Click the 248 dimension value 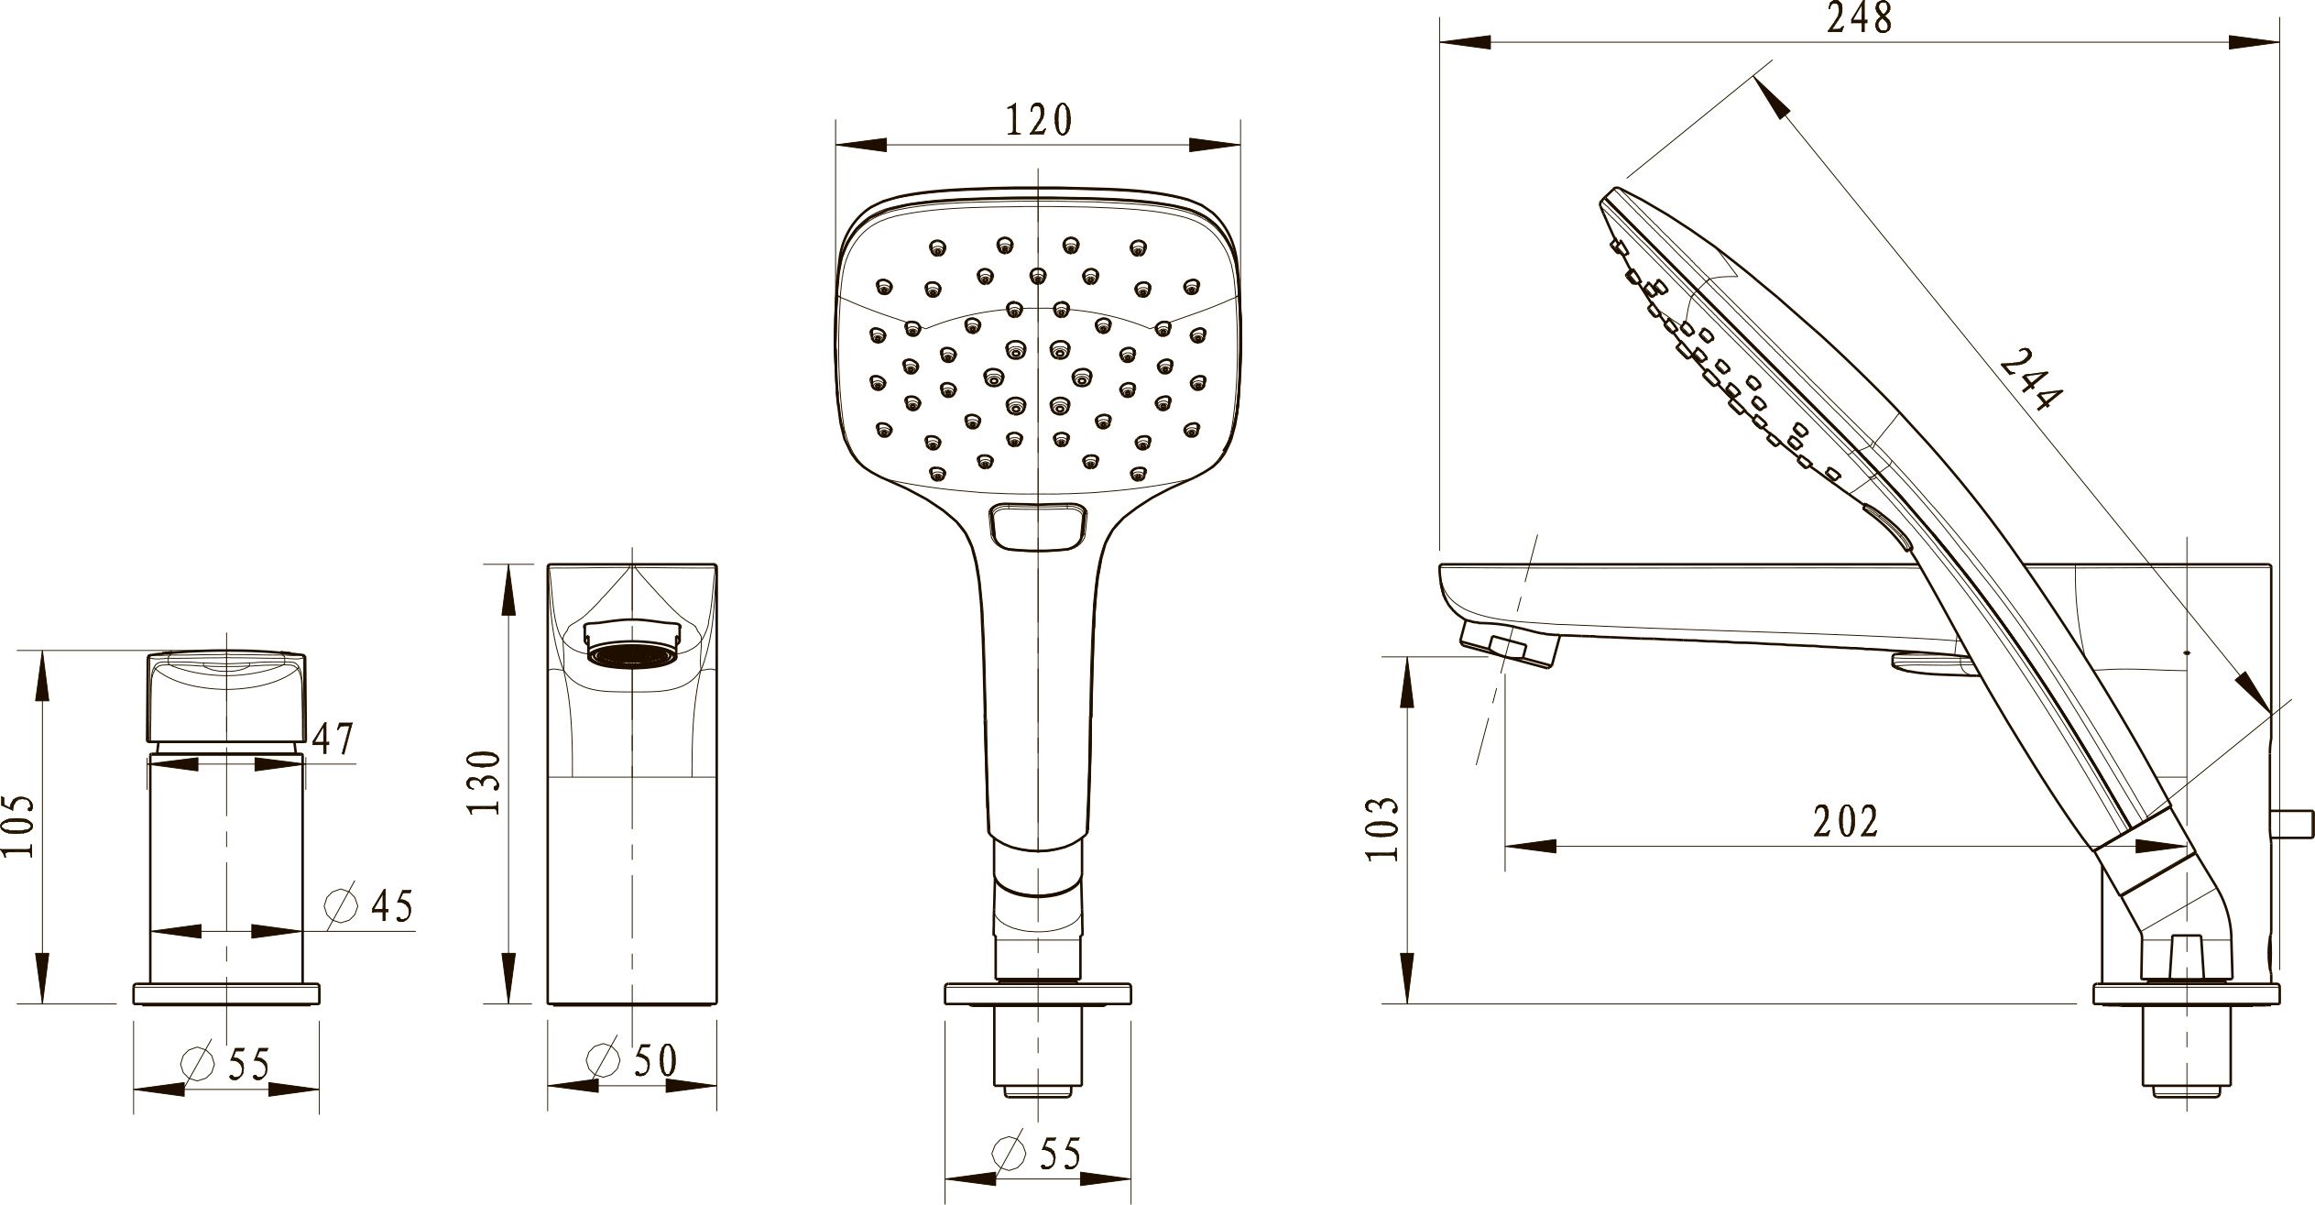(x=1859, y=17)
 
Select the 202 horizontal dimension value (x=1846, y=821)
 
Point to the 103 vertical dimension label (x=1381, y=828)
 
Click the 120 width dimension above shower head (x=1039, y=120)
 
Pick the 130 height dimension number (x=485, y=782)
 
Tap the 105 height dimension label (x=17, y=826)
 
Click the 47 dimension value (x=333, y=739)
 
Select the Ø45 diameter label (x=370, y=905)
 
